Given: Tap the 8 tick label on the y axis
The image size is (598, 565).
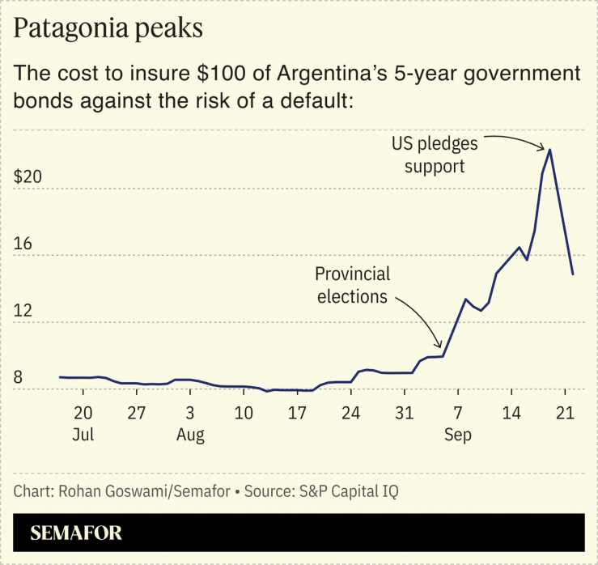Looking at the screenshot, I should coord(18,377).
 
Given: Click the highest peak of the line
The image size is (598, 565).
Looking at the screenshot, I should coord(550,149).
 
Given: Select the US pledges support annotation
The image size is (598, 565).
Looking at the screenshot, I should coord(435,155).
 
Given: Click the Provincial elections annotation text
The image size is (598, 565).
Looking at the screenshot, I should coord(352,285).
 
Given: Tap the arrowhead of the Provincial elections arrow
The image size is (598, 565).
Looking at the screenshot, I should coord(440,346).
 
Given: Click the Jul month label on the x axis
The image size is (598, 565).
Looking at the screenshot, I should coord(83,435).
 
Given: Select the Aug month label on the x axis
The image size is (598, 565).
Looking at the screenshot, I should coord(190,435).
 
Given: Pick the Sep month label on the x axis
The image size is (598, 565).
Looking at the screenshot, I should coord(457,435).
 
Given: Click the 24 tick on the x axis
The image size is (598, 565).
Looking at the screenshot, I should coord(350,412).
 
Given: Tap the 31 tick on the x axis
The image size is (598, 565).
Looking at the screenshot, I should coord(404,412).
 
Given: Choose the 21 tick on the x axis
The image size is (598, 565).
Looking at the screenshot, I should coord(564,412).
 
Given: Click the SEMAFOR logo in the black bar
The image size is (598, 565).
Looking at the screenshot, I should coord(76,533).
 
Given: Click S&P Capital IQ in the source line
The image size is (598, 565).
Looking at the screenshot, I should coord(353,491).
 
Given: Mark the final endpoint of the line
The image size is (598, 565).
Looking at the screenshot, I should coord(573,274).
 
